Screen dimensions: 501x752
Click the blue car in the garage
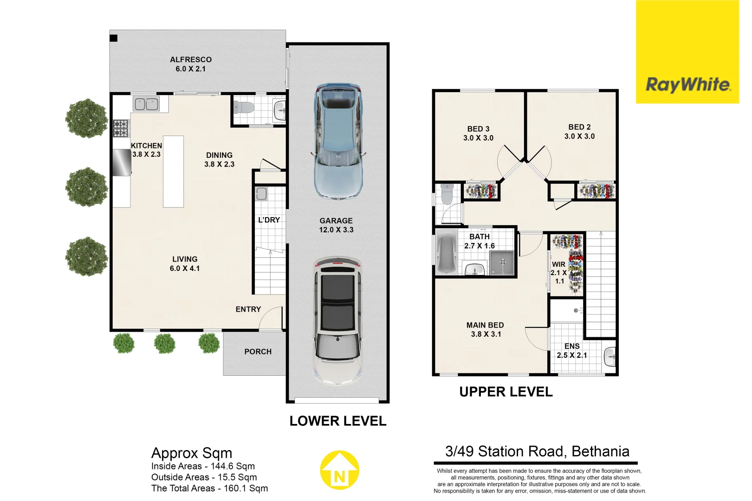pos(337,141)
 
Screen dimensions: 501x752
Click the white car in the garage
pos(337,320)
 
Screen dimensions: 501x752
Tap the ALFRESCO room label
pos(191,60)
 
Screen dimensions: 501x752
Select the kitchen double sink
pos(146,104)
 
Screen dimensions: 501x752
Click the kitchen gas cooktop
pos(121,128)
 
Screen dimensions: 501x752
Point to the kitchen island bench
pos(173,171)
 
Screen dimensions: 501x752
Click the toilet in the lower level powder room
pos(244,108)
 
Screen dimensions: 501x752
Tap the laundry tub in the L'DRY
pos(261,193)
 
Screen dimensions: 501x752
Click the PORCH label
pos(258,352)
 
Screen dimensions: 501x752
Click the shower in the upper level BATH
pos(502,263)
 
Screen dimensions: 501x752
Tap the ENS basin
pos(610,357)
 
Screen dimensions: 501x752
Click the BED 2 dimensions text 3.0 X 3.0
pos(579,136)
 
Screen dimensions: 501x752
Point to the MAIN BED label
pos(485,325)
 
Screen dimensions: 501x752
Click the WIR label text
pos(558,264)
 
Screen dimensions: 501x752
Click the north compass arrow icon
pos(340,470)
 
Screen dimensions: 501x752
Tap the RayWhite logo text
pos(688,85)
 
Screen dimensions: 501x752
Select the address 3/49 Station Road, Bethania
pos(537,451)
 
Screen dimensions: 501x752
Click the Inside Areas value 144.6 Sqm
pos(233,466)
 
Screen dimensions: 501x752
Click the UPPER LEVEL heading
pos(506,392)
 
